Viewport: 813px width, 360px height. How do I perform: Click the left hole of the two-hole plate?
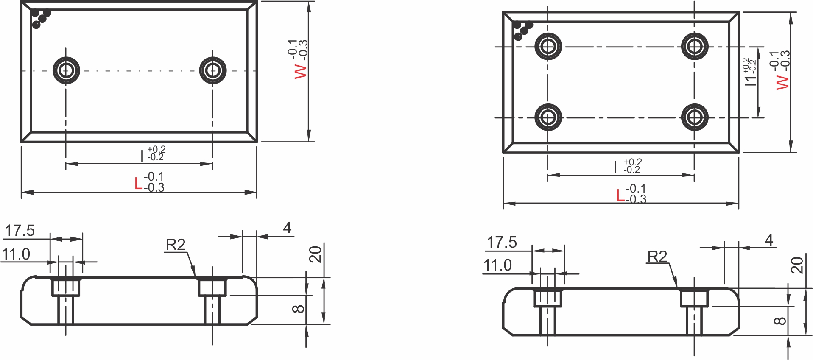(x=66, y=70)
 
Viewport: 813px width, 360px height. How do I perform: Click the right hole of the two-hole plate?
(x=212, y=70)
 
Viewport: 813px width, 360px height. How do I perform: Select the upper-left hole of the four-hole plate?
(x=548, y=46)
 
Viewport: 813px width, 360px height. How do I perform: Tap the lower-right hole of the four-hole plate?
(x=694, y=117)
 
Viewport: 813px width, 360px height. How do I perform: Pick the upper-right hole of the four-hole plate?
(x=694, y=46)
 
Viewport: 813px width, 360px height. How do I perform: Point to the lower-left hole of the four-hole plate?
(x=548, y=117)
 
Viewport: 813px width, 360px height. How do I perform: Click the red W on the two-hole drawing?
(x=301, y=71)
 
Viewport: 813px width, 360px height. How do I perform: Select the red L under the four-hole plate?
(x=620, y=195)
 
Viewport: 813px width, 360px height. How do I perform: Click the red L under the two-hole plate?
(x=138, y=184)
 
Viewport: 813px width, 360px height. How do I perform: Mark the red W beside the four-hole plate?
(x=782, y=82)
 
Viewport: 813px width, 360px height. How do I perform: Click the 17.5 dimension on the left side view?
(x=20, y=231)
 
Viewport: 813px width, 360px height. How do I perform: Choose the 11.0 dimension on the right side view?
(x=497, y=265)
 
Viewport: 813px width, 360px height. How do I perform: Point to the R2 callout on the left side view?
(x=176, y=245)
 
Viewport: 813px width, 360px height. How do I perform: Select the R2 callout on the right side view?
(x=657, y=257)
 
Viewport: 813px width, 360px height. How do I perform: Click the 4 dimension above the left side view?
(x=287, y=228)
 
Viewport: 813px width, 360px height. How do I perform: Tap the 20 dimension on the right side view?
(x=797, y=265)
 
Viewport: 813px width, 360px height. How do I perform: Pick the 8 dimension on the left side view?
(x=298, y=309)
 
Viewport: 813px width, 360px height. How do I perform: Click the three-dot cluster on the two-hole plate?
(x=41, y=18)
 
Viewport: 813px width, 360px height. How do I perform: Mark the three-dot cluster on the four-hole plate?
(x=522, y=30)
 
